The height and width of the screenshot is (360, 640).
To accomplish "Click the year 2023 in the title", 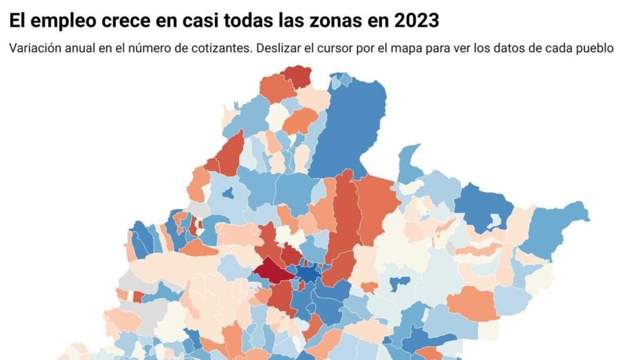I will coord(417,21).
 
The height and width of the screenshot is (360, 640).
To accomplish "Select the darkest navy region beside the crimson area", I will coord(307,273).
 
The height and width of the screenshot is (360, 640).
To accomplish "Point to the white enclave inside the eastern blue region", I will coord(497,221).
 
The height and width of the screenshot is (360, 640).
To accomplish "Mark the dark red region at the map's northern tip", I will coord(297,76).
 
